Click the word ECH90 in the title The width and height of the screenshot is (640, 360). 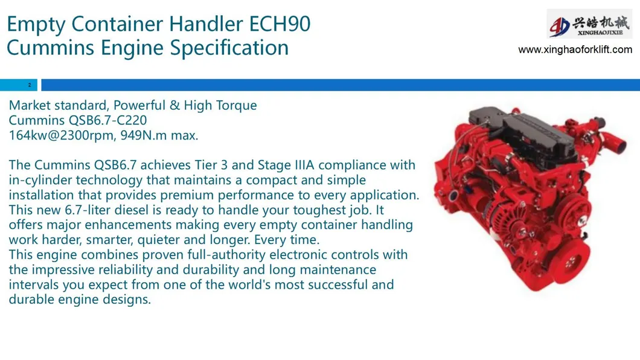[x=280, y=24]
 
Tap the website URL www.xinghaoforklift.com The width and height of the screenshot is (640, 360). [x=575, y=50]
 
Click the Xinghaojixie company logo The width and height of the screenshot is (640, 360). [x=589, y=25]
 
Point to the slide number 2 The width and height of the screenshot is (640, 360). [x=30, y=85]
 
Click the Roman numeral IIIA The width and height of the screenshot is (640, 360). [x=304, y=165]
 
